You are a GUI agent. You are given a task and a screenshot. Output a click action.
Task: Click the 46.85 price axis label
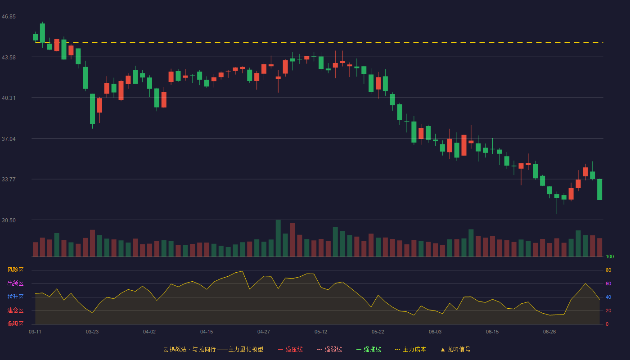click(9, 17)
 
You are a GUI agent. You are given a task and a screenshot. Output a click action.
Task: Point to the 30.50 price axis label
click(9, 220)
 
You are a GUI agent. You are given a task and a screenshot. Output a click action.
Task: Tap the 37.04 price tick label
click(9, 139)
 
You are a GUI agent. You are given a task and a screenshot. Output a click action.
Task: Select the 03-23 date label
click(92, 332)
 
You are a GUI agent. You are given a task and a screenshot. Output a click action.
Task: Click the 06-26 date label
click(549, 332)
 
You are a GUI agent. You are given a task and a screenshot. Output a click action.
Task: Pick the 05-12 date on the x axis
click(320, 332)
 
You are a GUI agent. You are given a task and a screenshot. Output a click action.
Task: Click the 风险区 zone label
click(15, 270)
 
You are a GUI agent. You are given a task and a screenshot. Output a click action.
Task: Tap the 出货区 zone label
click(15, 283)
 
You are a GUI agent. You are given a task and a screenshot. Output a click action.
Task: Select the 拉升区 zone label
click(15, 297)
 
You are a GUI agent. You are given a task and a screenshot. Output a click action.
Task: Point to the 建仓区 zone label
click(15, 310)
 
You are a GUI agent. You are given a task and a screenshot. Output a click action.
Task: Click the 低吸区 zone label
click(15, 324)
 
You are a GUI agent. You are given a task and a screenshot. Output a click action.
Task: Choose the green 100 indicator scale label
click(610, 257)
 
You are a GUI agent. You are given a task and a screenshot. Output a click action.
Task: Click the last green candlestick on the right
click(599, 189)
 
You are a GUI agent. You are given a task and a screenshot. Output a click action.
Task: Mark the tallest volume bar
click(278, 238)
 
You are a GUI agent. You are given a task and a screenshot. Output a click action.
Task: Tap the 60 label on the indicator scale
click(608, 284)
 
